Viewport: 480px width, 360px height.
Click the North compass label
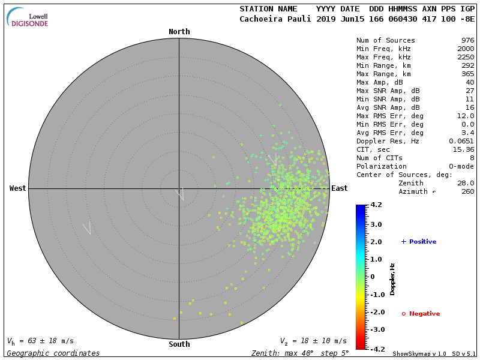pyautogui.click(x=179, y=32)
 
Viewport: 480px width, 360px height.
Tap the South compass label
pyautogui.click(x=179, y=344)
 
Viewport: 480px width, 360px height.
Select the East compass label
pyautogui.click(x=339, y=188)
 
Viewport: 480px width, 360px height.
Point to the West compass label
pyautogui.click(x=18, y=188)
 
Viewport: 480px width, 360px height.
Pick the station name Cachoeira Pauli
pyautogui.click(x=275, y=19)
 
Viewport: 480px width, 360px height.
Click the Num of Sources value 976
pyautogui.click(x=467, y=41)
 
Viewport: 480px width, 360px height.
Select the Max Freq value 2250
pyautogui.click(x=466, y=58)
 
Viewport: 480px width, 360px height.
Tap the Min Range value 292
pyautogui.click(x=467, y=66)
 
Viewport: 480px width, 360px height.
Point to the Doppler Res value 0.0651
pyautogui.click(x=461, y=141)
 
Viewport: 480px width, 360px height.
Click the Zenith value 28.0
pyautogui.click(x=465, y=183)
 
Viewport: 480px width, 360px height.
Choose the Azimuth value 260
pyautogui.click(x=467, y=191)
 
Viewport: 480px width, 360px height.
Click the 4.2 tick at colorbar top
pyautogui.click(x=376, y=205)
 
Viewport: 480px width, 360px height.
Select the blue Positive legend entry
pyautogui.click(x=419, y=242)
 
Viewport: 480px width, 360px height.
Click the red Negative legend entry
pyautogui.click(x=421, y=314)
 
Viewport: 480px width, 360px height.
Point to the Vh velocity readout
pyautogui.click(x=40, y=341)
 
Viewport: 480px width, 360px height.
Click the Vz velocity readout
pyautogui.click(x=313, y=341)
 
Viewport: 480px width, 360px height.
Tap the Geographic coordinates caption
pyautogui.click(x=53, y=353)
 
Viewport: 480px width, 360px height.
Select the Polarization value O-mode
pyautogui.click(x=459, y=166)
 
